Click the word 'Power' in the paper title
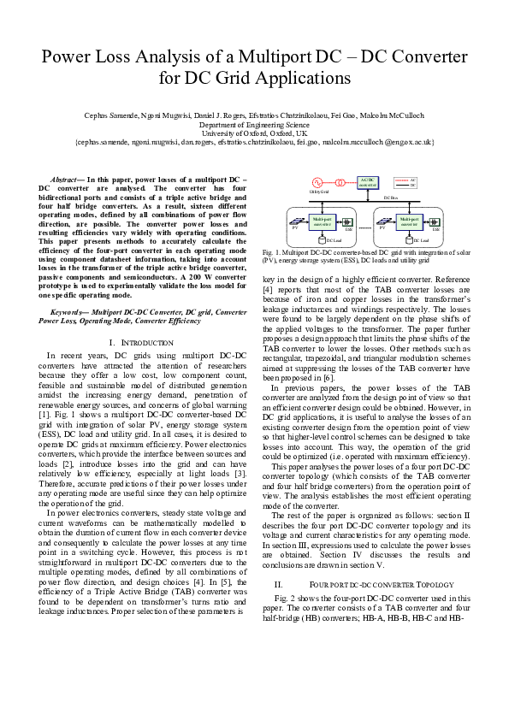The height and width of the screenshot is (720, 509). [x=68, y=58]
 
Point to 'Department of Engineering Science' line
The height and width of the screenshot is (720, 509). [x=254, y=125]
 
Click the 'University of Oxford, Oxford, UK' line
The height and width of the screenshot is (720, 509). [x=254, y=134]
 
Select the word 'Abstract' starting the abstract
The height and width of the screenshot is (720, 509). [x=63, y=179]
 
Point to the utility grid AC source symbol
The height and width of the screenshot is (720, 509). [x=317, y=182]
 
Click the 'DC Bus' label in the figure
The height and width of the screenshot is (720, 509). [x=390, y=197]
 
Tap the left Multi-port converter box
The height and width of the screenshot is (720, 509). [x=323, y=221]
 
